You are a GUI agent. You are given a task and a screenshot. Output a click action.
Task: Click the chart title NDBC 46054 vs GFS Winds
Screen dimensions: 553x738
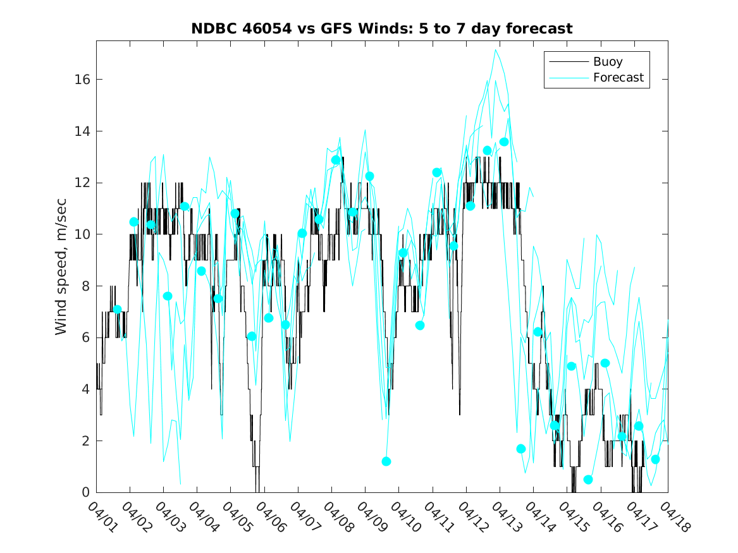point(382,29)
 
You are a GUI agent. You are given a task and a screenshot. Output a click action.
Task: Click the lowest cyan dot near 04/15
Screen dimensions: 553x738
point(588,480)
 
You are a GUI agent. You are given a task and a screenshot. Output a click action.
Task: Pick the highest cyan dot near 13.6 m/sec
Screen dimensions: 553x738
point(504,142)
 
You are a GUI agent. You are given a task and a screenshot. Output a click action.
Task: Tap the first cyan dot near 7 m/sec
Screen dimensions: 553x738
point(117,310)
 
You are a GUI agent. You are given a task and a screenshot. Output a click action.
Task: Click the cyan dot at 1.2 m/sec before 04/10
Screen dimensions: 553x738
point(386,461)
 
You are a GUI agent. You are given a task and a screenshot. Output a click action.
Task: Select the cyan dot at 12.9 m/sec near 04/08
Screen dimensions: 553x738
point(336,160)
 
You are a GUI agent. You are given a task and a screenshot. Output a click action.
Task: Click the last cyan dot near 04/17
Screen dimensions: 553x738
point(656,459)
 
